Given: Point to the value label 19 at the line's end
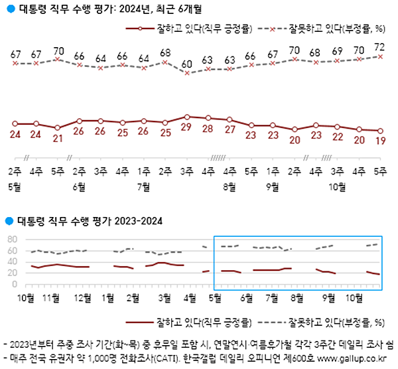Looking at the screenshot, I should (380, 141).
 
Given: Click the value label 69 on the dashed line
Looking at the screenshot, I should (338, 50).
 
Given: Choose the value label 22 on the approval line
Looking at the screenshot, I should (338, 137).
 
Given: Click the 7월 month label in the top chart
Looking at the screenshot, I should (143, 186).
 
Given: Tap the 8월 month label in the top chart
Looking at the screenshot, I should (230, 186).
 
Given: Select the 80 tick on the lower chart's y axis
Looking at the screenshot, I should (11, 239).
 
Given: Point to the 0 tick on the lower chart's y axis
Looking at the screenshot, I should (15, 284).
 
